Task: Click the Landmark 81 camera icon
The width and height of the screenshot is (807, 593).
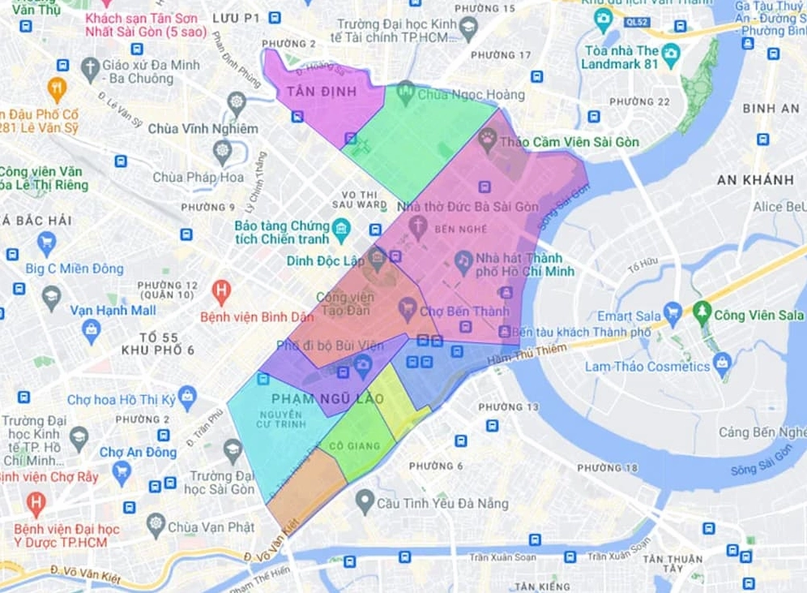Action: (670, 54)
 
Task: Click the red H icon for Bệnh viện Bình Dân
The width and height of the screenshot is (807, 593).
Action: (220, 290)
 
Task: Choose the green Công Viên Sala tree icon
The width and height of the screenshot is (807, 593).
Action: (701, 311)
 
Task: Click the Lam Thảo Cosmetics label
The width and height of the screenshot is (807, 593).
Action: (647, 367)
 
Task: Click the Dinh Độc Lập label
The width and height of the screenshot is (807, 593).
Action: (325, 260)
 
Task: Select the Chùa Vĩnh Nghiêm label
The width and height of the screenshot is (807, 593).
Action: (203, 128)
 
